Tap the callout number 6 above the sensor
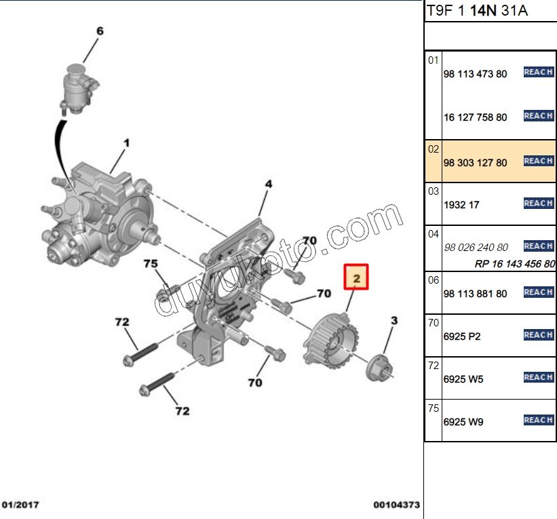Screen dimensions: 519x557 [100, 31]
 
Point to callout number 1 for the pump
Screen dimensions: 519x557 [126, 143]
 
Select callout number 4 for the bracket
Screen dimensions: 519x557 [268, 184]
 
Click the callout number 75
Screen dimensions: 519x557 [150, 263]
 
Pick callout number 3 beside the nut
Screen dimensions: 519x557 [393, 320]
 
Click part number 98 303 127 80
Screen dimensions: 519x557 [475, 163]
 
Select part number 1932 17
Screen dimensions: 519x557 [461, 204]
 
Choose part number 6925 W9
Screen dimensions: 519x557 [463, 421]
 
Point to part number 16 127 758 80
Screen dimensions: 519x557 [475, 117]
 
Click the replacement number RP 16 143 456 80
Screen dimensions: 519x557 [514, 264]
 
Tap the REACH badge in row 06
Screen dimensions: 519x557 [539, 292]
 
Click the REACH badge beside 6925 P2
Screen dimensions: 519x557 [539, 335]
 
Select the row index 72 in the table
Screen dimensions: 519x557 [434, 366]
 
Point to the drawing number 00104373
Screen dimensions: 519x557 [396, 505]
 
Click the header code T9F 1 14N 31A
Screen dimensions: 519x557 [477, 10]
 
